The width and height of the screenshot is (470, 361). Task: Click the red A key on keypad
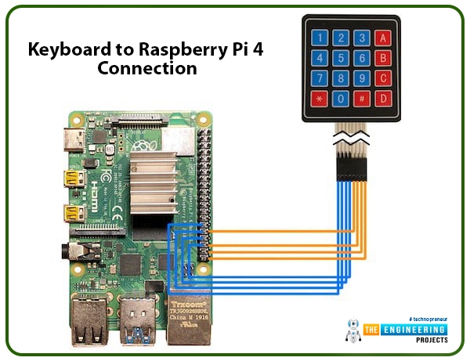coord(382,37)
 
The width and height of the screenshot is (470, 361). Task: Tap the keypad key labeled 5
coord(341,57)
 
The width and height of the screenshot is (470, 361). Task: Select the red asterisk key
coord(320,98)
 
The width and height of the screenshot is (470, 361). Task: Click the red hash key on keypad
coord(361,98)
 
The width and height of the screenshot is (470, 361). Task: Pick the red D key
coord(382,98)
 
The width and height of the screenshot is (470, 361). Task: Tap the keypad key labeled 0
coord(341,98)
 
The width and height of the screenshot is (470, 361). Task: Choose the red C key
coord(382,78)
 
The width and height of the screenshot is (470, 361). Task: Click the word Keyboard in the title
coord(68,49)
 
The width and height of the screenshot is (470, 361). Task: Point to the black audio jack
coord(79,251)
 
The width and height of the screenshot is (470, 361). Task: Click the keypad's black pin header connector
coord(349,167)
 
